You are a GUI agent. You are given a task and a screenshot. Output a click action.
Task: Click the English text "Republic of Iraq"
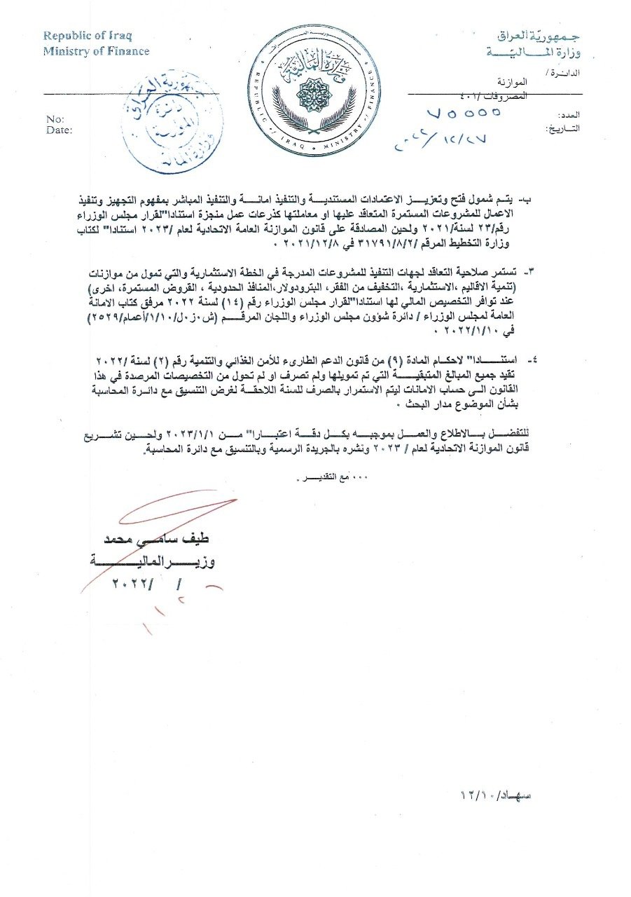click(x=88, y=35)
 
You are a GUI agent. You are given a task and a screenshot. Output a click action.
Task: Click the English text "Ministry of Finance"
click(x=96, y=50)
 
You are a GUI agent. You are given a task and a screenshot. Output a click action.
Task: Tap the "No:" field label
click(x=55, y=119)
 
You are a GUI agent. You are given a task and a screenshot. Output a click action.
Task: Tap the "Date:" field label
click(x=59, y=130)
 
